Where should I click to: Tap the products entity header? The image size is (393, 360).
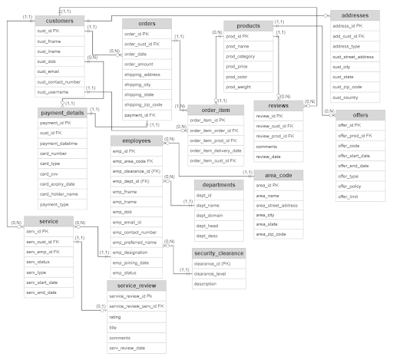tap(248, 25)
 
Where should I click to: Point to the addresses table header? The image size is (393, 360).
tap(354, 15)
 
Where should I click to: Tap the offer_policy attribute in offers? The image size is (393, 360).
tap(352, 187)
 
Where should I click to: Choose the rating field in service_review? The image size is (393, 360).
tap(115, 316)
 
